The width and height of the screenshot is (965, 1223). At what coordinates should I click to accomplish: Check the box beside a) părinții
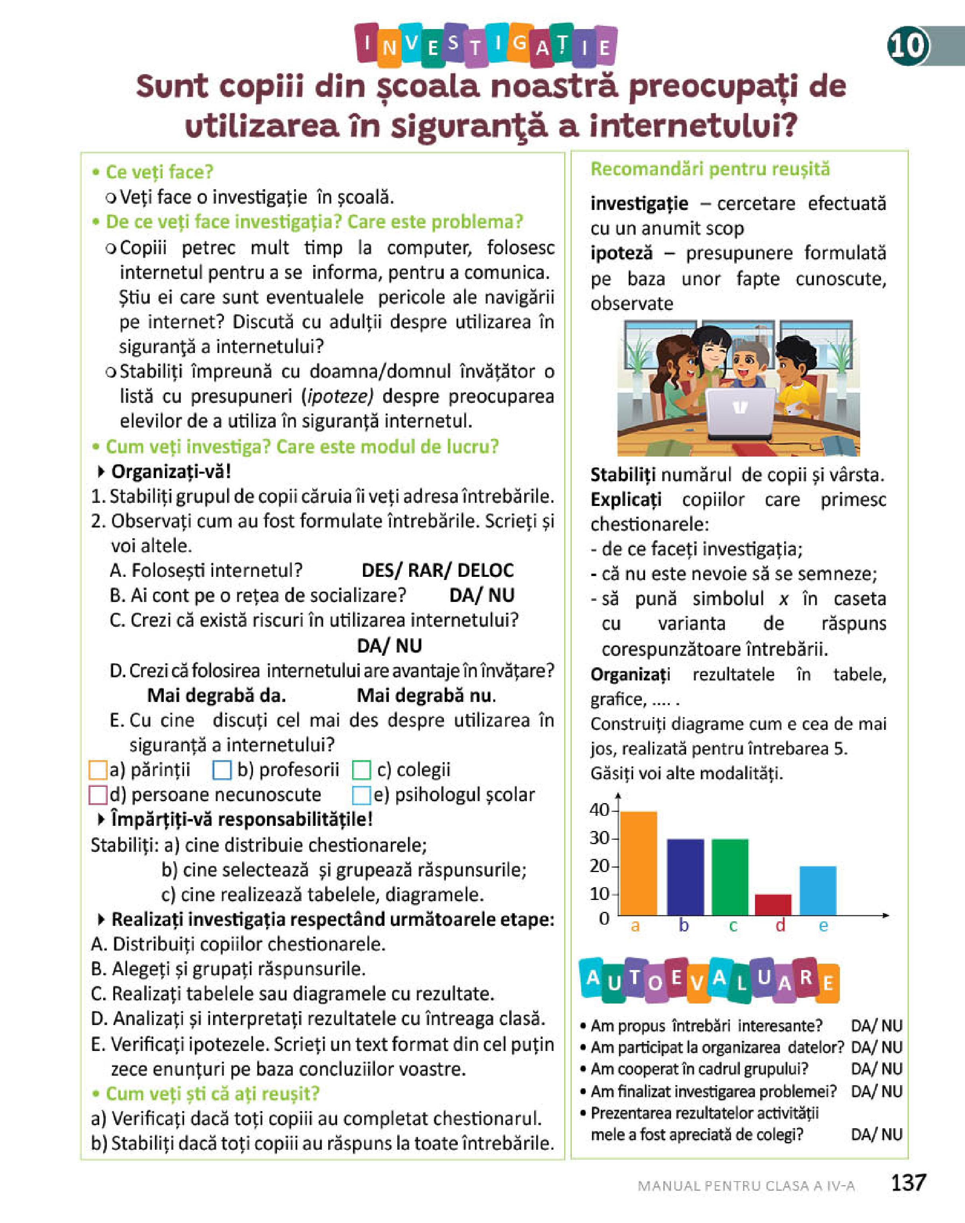(x=98, y=770)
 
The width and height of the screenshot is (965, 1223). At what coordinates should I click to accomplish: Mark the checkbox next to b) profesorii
(x=222, y=770)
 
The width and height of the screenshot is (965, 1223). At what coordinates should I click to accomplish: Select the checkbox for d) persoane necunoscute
(x=98, y=796)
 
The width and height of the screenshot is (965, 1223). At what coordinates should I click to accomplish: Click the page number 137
(x=908, y=1182)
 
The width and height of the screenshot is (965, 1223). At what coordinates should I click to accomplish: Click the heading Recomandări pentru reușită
(x=710, y=169)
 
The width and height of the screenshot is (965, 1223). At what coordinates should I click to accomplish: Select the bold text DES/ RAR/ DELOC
(x=437, y=570)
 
